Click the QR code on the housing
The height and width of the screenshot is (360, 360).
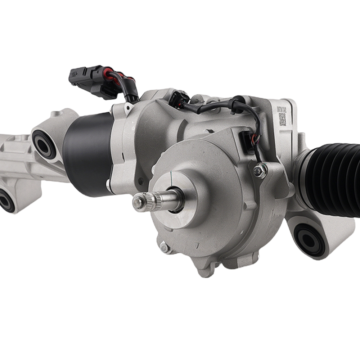point(283,119)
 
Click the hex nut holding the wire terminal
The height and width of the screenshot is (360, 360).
point(260,171)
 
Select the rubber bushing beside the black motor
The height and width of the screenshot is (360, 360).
point(44,144)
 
